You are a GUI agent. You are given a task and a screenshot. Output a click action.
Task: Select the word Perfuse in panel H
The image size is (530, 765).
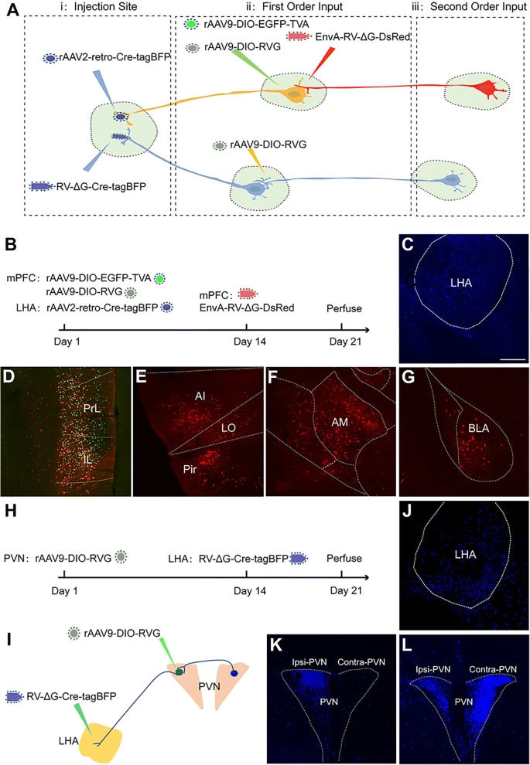click(x=343, y=556)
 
